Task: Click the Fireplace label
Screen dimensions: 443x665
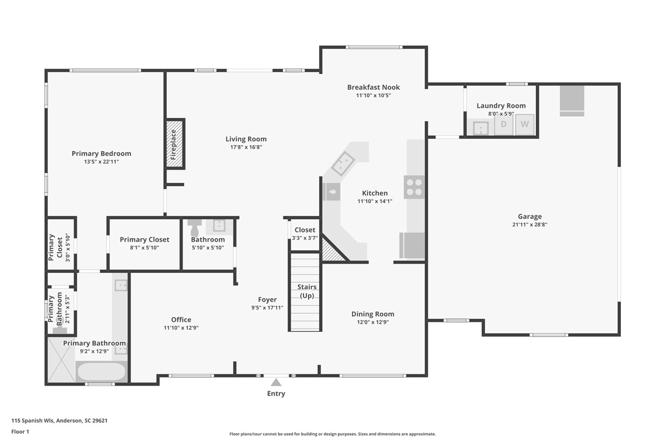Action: coord(173,144)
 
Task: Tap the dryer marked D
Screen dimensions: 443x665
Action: coord(504,125)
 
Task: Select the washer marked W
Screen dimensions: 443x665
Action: coord(525,125)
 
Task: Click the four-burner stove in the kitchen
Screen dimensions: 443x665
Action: coord(415,187)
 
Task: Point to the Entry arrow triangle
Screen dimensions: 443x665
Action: coord(276,382)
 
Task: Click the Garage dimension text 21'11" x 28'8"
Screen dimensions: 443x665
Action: coord(530,225)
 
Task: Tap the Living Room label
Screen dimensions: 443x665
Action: coord(246,139)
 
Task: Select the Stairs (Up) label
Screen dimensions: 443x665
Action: coord(306,291)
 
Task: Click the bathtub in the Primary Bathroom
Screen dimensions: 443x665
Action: coord(102,371)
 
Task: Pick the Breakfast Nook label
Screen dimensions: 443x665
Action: coord(373,87)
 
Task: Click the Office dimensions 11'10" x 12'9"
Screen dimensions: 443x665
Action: coord(181,328)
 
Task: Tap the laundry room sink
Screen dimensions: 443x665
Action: coord(482,128)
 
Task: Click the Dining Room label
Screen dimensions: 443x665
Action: coord(372,314)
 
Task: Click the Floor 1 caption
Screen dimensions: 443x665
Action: coord(20,431)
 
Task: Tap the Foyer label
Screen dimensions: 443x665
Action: coord(267,300)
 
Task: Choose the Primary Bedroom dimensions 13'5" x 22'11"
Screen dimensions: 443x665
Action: coord(101,162)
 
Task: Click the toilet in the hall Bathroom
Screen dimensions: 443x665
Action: coord(195,227)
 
